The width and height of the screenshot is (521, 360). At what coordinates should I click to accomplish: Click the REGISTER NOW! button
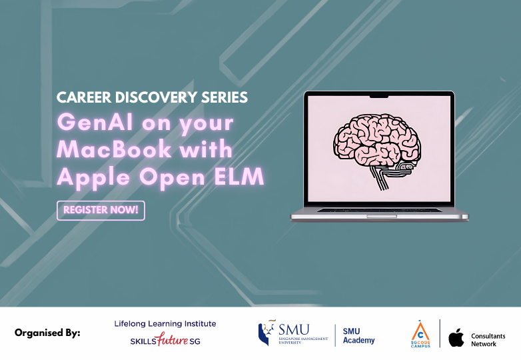click(x=101, y=210)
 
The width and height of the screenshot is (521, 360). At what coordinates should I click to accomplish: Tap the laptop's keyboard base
click(x=379, y=214)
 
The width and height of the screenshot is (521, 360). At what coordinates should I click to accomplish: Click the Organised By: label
click(x=47, y=333)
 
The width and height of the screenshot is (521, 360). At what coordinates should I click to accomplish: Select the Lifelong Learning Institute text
click(x=165, y=323)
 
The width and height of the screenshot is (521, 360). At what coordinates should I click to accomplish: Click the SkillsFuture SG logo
click(x=165, y=341)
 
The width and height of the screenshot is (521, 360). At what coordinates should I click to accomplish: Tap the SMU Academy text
click(x=358, y=335)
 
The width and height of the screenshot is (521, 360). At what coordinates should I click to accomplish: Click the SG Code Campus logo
click(x=420, y=333)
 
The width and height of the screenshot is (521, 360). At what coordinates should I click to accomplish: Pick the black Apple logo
click(x=456, y=337)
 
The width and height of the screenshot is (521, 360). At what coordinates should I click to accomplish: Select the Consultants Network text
click(x=488, y=339)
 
